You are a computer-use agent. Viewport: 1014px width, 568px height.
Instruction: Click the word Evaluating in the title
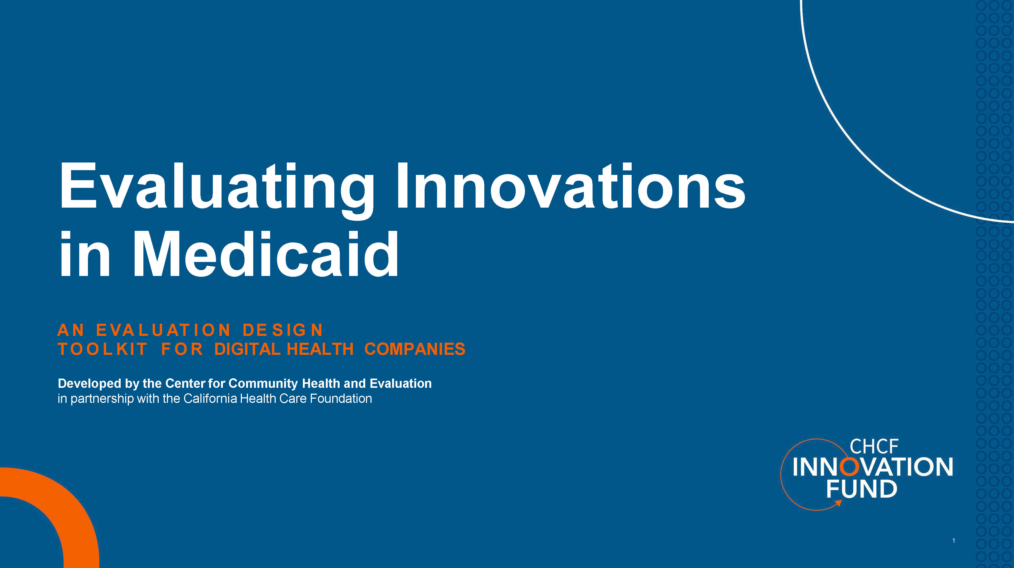(x=217, y=187)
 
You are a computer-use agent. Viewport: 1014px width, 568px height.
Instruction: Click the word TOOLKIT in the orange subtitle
(x=102, y=349)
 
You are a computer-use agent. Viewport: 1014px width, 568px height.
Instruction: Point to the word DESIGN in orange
(x=283, y=330)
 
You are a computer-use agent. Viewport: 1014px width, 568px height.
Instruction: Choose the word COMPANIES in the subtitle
(x=415, y=349)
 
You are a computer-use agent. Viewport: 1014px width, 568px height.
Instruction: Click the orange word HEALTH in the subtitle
(x=320, y=349)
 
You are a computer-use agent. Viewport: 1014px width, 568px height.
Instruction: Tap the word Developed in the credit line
(x=89, y=384)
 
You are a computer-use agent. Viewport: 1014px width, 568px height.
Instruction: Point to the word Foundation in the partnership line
(x=341, y=399)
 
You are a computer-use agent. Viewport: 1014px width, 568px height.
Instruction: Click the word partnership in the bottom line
(x=102, y=399)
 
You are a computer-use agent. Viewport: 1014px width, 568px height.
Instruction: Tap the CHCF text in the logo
(x=874, y=447)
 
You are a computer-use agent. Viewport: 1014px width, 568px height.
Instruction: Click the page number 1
(x=953, y=541)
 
